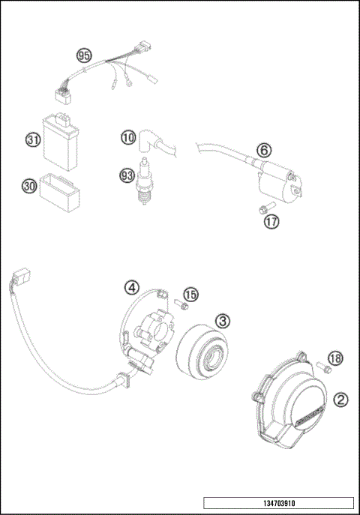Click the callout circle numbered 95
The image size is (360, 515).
pyautogui.click(x=83, y=55)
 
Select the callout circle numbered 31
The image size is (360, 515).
pyautogui.click(x=31, y=139)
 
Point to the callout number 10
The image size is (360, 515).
pyautogui.click(x=128, y=137)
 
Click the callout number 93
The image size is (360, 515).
pyautogui.click(x=128, y=175)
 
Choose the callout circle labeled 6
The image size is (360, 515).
pyautogui.click(x=264, y=149)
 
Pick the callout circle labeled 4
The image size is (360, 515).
pyautogui.click(x=131, y=287)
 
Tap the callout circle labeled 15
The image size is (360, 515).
pyautogui.click(x=190, y=294)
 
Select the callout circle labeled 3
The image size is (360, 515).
pyautogui.click(x=223, y=321)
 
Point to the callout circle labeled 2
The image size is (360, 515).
pyautogui.click(x=340, y=400)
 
